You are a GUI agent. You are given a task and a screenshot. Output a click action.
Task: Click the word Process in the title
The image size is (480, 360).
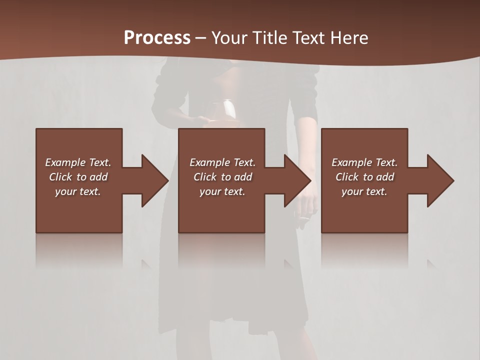coord(157,38)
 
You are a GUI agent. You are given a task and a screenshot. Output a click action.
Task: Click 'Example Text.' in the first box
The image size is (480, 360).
coord(78,162)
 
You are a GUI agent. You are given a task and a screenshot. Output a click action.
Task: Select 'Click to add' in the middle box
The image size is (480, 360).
coord(222,177)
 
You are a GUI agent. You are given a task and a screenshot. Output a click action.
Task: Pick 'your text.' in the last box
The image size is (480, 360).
coord(364,191)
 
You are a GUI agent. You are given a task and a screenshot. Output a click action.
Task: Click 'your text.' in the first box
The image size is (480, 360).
coord(78,191)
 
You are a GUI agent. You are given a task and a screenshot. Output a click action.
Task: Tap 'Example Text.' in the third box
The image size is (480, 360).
coord(364,162)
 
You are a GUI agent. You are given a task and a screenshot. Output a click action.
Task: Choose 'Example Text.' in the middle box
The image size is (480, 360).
coord(222,162)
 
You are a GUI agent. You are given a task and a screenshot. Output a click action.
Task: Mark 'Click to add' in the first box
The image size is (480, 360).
coord(78,177)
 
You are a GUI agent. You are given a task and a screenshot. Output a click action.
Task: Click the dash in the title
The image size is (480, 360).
coord(201,38)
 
